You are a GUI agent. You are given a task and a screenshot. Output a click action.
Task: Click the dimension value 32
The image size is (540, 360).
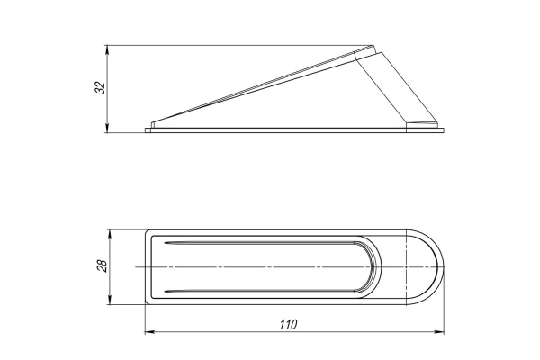click(100, 88)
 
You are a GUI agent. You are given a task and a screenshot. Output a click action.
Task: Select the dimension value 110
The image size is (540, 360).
click(287, 325)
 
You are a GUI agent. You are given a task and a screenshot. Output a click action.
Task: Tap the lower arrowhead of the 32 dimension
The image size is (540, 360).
click(108, 129)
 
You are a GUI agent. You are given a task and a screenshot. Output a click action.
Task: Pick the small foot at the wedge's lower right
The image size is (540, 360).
click(423, 123)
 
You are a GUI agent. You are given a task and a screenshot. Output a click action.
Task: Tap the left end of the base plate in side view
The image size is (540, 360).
click(147, 130)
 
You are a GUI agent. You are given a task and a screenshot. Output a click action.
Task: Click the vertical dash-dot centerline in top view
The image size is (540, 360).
click(409, 266)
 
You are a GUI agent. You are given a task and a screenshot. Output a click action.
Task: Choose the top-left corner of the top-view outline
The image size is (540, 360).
click(148, 231)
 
